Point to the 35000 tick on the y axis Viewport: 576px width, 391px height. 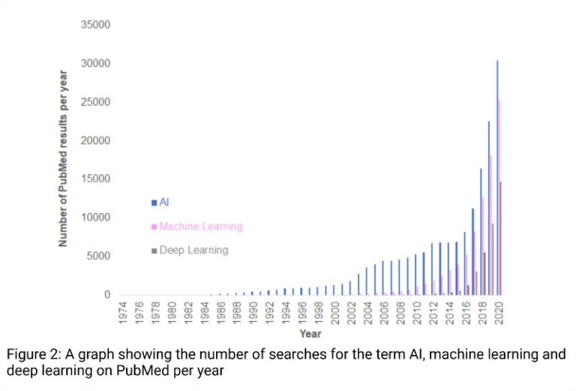click(x=95, y=25)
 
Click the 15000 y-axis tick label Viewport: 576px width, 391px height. click(x=95, y=179)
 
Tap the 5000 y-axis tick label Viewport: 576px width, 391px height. click(x=97, y=256)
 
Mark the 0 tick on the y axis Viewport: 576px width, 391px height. click(x=107, y=295)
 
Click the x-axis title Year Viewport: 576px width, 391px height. click(x=310, y=334)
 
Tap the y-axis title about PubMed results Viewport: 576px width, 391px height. click(x=64, y=159)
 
